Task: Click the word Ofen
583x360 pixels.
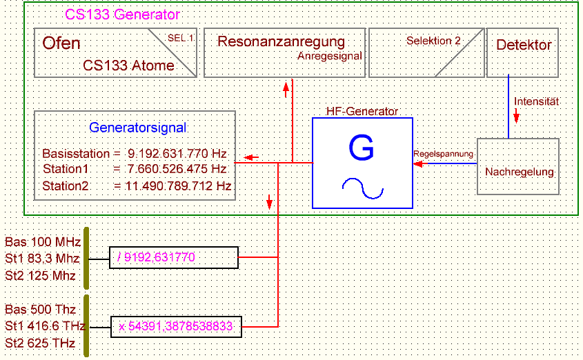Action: coord(61,43)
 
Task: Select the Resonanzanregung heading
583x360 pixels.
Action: coord(281,41)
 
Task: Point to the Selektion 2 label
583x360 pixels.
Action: coord(433,41)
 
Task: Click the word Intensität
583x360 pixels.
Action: coord(536,101)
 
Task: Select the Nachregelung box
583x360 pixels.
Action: coord(519,170)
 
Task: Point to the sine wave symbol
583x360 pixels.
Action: coord(362,188)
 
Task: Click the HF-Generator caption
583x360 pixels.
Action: coord(362,111)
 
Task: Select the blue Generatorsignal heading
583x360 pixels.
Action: coord(137,128)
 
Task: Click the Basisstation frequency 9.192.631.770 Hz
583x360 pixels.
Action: coord(177,153)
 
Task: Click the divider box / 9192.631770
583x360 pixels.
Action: coord(174,257)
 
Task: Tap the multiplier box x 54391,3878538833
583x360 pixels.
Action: coord(177,326)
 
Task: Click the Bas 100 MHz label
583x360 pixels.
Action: coord(43,242)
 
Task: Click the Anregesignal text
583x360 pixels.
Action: coord(329,57)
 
